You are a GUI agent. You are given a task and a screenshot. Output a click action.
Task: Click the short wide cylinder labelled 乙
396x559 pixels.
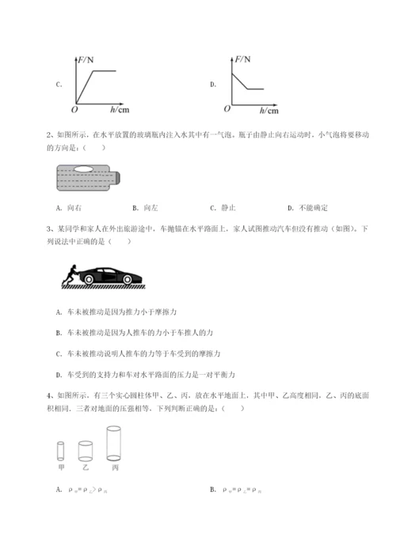(84, 450)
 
